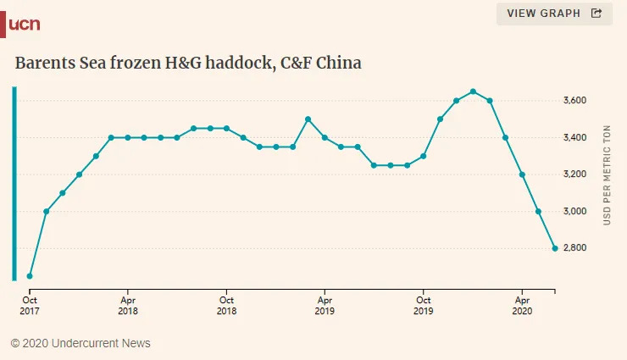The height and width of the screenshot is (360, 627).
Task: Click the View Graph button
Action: coord(553,14)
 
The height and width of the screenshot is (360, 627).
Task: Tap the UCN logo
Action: coord(23,24)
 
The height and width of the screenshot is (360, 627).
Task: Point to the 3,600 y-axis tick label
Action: coord(574,101)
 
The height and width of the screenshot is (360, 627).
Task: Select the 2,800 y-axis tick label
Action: coord(574,248)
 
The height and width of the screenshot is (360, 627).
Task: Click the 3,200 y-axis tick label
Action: coord(574,174)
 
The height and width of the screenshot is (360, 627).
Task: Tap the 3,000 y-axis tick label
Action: coord(574,211)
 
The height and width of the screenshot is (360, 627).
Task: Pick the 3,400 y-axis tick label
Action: coord(574,137)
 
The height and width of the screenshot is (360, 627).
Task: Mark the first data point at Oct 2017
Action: coord(30,276)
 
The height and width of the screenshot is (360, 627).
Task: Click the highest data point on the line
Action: coord(473,91)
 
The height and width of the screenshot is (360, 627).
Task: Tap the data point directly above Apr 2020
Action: coord(522,174)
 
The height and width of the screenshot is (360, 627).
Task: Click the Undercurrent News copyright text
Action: coord(80,343)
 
